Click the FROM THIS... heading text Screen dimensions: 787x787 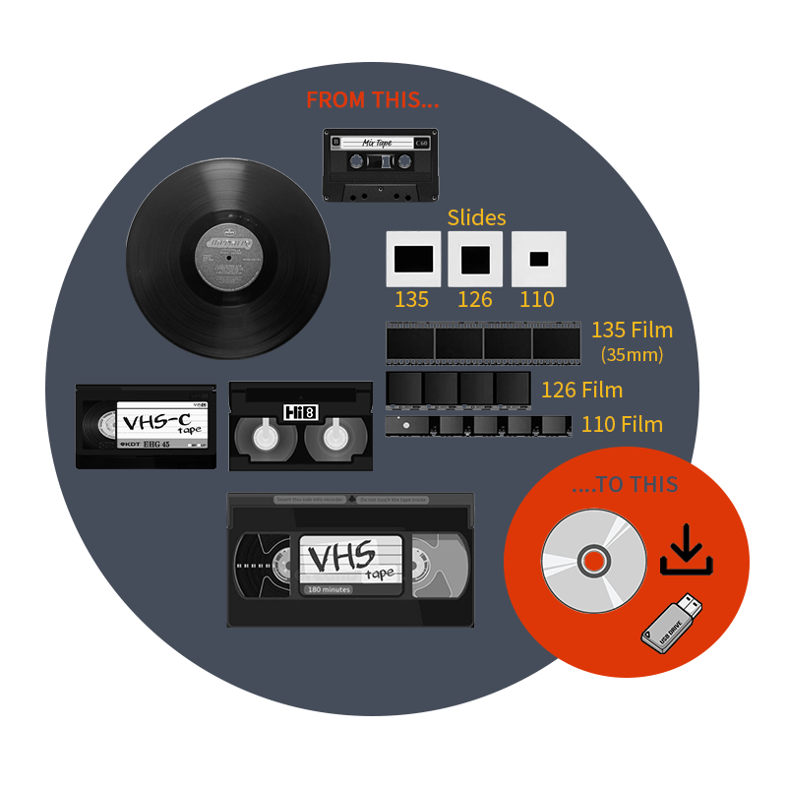coord(372,100)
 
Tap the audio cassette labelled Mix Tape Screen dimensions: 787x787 coord(381,165)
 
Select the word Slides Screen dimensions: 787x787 coord(476,217)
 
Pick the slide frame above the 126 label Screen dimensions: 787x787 coord(475,259)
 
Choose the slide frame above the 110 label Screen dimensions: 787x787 coord(538,259)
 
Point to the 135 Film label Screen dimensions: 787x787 coord(632,331)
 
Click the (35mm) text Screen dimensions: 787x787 coord(632,354)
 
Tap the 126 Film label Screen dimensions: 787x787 coord(581,390)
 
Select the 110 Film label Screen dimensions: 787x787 coord(622,425)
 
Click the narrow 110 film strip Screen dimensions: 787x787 coord(478,425)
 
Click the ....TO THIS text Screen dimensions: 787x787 coord(624,484)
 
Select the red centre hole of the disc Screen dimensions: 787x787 coord(593,562)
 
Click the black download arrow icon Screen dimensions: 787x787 coord(687,551)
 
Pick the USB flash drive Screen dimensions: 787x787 coord(672,622)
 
